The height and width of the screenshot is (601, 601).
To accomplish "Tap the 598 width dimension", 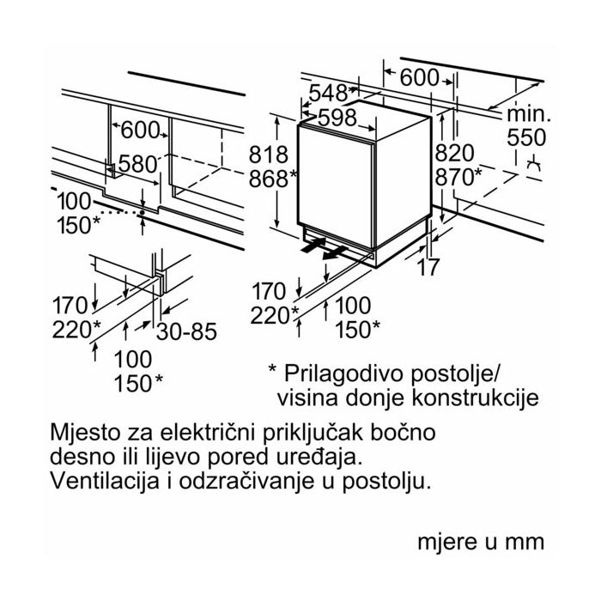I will (x=337, y=118).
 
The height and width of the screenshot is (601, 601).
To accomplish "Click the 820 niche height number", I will (x=454, y=153).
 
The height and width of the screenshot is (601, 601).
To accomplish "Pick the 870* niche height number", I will (x=459, y=178).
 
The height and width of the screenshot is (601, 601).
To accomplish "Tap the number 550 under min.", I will (x=526, y=137).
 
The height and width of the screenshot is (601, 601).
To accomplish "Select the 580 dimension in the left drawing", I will (x=139, y=163).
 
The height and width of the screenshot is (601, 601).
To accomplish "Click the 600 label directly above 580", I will (x=141, y=131).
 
